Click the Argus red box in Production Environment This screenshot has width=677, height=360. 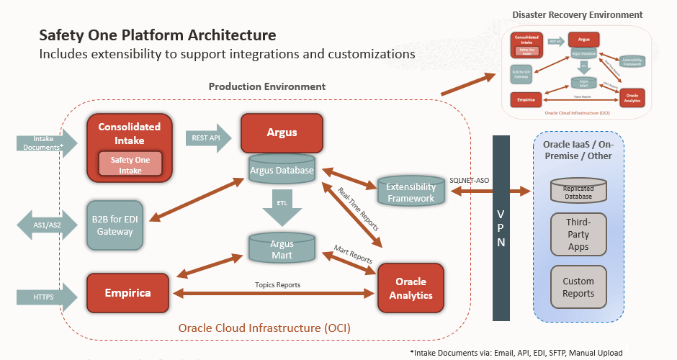(282, 133)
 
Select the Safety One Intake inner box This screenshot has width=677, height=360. (130, 163)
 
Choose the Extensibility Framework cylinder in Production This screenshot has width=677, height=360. (411, 192)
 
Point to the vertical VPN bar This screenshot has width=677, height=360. (501, 227)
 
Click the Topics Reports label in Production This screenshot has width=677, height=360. (277, 284)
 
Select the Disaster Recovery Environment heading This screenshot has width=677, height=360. (577, 14)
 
